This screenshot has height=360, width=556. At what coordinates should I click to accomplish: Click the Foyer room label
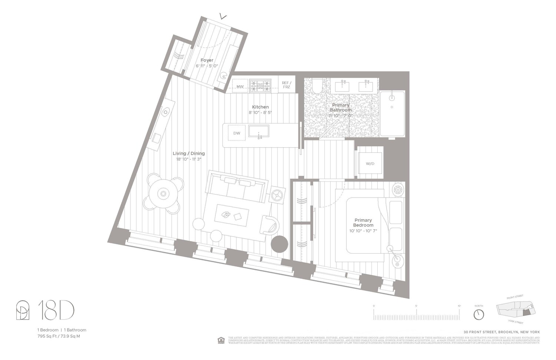tap(207, 60)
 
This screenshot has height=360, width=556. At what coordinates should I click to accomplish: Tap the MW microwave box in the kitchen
tap(240, 86)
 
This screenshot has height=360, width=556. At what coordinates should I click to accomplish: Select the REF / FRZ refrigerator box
tap(287, 85)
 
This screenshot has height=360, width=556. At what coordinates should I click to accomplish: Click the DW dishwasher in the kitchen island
tap(236, 133)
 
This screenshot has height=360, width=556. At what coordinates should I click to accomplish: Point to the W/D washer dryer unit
tap(370, 164)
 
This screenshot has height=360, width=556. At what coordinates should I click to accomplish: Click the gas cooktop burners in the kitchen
tap(260, 86)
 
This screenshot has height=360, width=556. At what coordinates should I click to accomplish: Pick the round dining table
tap(163, 194)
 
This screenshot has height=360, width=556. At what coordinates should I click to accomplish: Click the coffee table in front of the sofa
tap(232, 215)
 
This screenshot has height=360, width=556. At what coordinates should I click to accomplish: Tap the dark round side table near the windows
tap(279, 244)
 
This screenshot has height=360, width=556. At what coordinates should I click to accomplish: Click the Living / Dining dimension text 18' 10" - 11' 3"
tap(189, 159)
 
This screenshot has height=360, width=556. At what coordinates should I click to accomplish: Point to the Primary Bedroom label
tap(363, 222)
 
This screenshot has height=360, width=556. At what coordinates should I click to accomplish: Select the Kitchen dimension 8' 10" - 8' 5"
tap(260, 112)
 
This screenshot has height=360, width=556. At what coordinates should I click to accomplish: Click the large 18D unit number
tap(56, 311)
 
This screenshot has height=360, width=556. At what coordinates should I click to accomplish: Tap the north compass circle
tap(479, 314)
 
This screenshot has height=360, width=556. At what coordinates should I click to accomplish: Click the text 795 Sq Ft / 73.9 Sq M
tap(59, 336)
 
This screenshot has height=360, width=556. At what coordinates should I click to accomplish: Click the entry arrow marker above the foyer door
tap(223, 16)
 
